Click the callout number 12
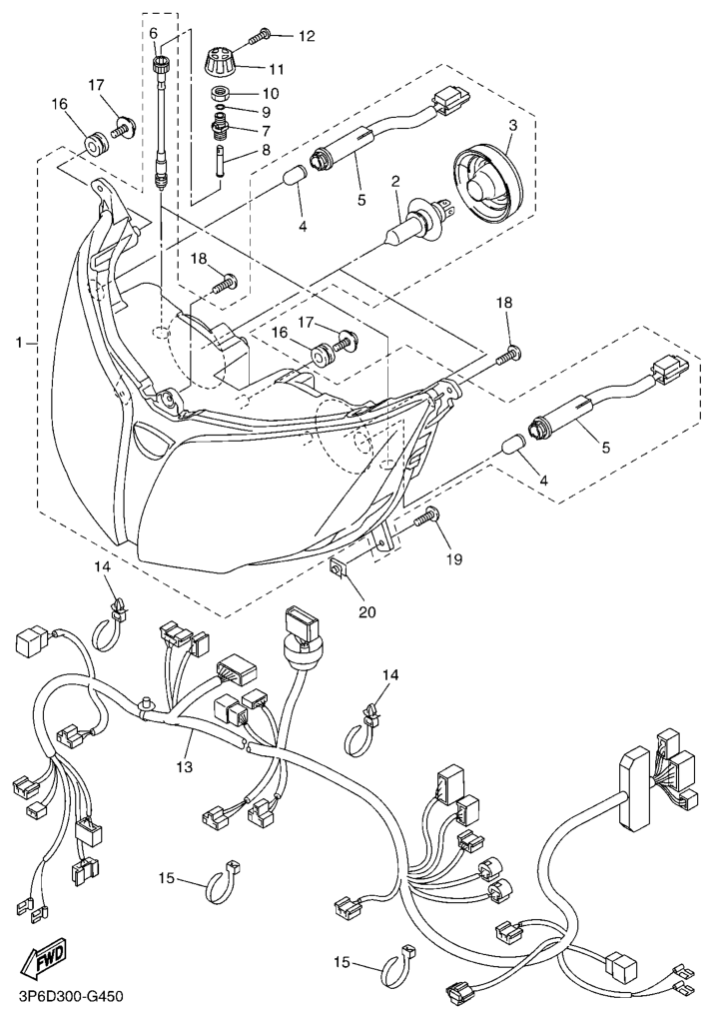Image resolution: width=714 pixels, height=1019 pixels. coord(306,37)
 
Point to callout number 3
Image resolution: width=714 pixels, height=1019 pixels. coord(511,126)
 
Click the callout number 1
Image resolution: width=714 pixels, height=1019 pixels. coord(19,343)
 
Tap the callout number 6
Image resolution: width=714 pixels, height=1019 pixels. coord(154,34)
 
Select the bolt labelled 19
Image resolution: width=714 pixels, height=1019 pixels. coord(430,517)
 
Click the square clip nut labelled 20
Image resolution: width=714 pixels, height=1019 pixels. coord(340,569)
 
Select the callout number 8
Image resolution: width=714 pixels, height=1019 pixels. coord(265,150)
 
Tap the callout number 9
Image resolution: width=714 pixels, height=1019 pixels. coord(266,111)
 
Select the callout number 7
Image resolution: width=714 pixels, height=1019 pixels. coord(266,130)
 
